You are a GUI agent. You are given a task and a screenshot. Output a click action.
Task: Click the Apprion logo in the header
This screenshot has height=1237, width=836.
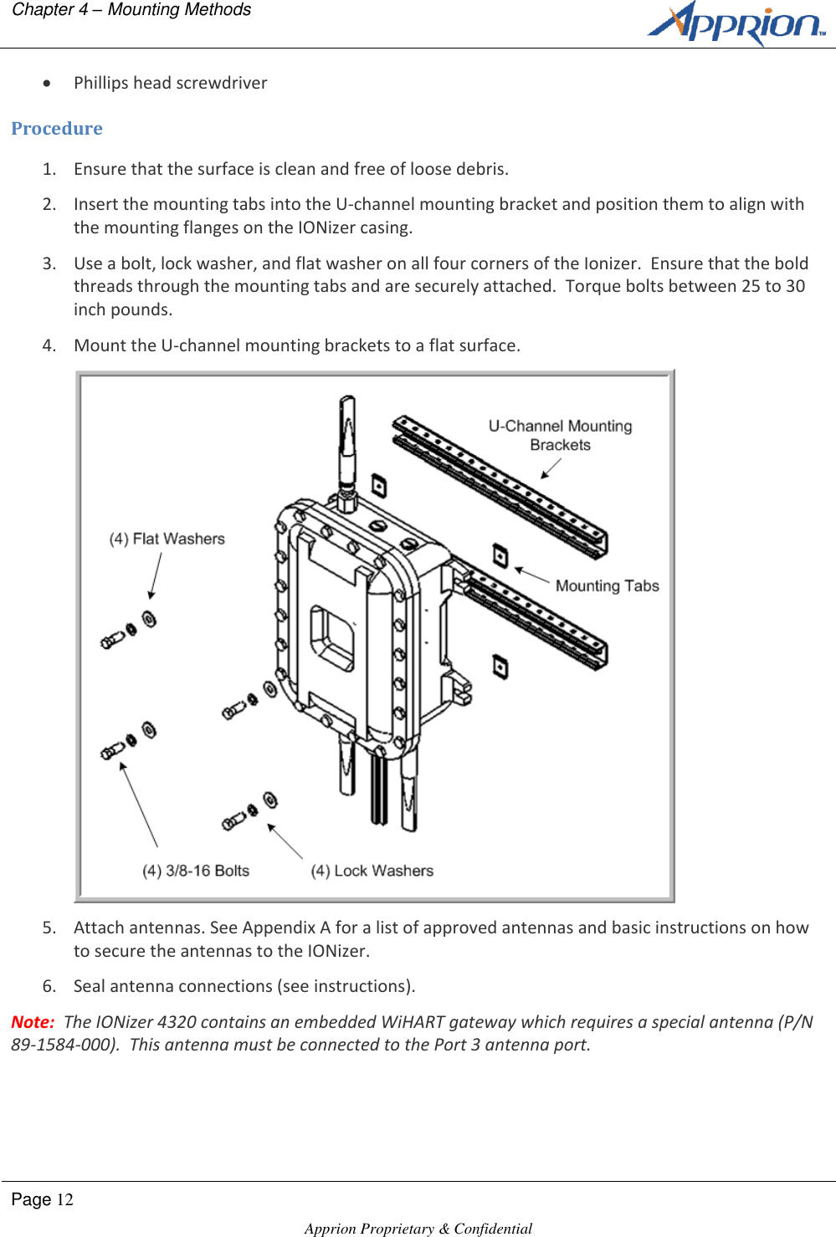pos(736,23)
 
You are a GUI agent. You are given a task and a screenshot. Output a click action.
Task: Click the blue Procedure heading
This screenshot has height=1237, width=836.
pos(57,129)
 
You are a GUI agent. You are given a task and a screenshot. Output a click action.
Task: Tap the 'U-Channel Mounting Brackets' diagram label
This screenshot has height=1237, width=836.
pos(560,435)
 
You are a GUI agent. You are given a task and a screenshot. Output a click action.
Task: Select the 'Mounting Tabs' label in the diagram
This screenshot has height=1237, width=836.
pos(607,585)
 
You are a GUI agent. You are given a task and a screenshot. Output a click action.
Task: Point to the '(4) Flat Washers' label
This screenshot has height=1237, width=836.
pos(167,539)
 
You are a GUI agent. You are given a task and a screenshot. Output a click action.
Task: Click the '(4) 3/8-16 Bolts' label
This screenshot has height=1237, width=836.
pos(196,871)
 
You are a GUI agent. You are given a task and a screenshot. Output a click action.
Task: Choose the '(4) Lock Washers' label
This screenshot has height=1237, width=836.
pos(372,871)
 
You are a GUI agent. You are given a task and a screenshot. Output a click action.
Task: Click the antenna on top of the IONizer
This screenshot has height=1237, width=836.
pos(346,443)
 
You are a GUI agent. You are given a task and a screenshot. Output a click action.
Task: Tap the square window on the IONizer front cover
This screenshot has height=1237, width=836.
pos(332,637)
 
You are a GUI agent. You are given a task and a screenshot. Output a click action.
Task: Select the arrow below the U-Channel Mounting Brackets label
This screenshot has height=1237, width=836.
pos(551,468)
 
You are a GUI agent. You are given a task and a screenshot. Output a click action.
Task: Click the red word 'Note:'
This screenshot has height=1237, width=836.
pos(33,1022)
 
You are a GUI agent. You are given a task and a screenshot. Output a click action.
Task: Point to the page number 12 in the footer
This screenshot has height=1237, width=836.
pos(64,1200)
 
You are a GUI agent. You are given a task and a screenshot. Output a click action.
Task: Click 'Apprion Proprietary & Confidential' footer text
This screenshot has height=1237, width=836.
pos(418,1228)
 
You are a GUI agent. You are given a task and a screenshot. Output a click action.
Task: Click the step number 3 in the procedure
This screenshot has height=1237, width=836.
pos(49,263)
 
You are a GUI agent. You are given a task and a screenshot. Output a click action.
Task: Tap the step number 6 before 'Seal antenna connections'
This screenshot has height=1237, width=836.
pos(49,986)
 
